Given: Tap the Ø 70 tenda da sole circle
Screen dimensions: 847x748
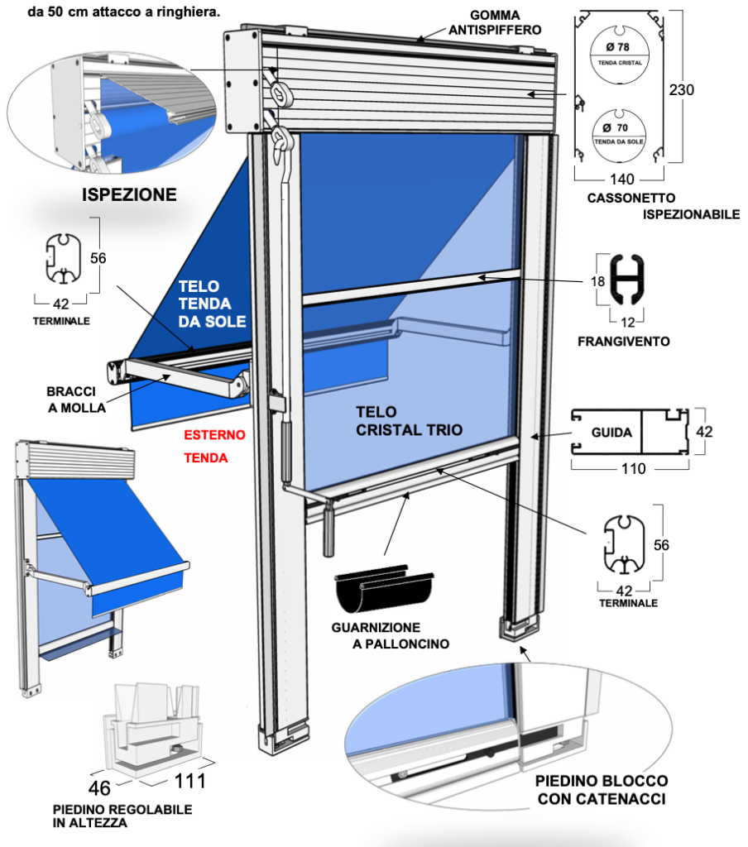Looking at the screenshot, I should coord(619,134).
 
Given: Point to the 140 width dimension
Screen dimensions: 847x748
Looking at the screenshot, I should coord(620,176).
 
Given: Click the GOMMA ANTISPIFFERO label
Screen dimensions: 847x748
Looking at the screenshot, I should coord(494,23).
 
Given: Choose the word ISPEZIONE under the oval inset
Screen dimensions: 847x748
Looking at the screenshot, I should coord(128,195).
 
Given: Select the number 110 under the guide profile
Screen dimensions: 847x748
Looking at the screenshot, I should coord(632,469).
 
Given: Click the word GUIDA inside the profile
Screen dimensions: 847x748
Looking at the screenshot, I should coord(611,432).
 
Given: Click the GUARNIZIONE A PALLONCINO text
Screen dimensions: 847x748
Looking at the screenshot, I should coord(387,635).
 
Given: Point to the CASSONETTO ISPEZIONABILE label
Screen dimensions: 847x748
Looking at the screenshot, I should coord(662,206).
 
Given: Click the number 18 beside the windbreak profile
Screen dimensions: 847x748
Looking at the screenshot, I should coord(599,281).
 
